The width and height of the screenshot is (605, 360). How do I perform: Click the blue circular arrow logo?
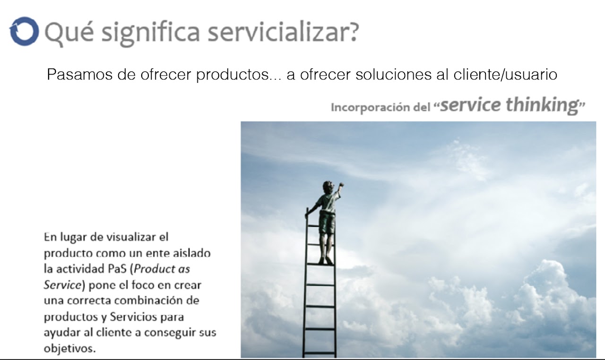[x=24, y=31]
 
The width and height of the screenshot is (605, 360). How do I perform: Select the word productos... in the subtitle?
[x=239, y=75]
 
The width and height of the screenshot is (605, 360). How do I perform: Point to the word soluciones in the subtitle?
[x=393, y=74]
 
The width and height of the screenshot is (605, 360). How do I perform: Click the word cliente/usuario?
[x=505, y=74]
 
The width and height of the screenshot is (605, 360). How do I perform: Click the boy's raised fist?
[x=341, y=185]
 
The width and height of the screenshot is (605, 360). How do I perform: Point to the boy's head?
[x=328, y=187]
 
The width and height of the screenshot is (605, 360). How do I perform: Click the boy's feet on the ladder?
[x=326, y=260]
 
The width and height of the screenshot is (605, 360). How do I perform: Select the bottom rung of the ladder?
[x=320, y=353]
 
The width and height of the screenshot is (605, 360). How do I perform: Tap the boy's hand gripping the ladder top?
[x=307, y=215]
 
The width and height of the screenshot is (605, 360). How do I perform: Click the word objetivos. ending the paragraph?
[x=69, y=348]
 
